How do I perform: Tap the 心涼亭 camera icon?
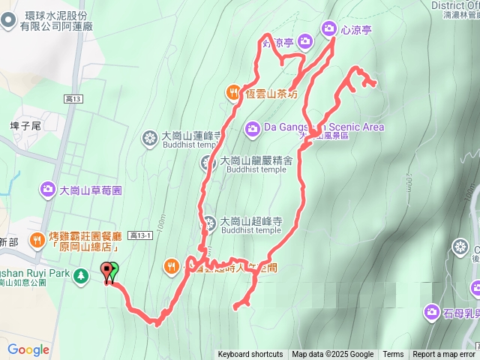[x=328, y=29]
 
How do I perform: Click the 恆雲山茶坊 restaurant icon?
[x=233, y=93]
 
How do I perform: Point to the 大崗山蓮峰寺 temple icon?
[x=150, y=138]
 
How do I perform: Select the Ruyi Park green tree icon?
[x=80, y=277]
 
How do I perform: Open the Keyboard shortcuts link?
[x=250, y=355]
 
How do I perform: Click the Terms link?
[x=393, y=355]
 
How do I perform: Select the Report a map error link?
[x=444, y=355]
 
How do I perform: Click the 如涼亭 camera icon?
[x=304, y=40]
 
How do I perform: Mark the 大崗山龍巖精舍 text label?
[x=256, y=160]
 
